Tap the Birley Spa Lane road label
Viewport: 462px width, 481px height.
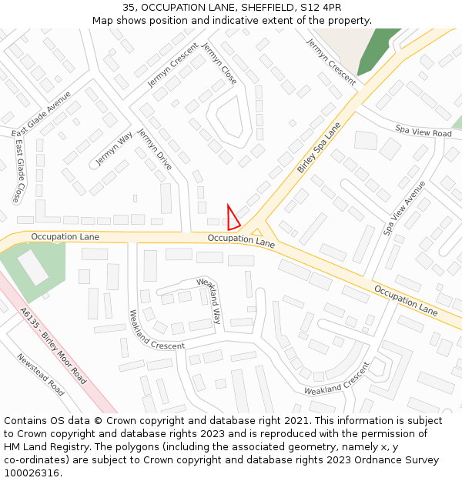coord(319,146)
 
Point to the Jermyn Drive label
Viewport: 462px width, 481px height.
coord(154,149)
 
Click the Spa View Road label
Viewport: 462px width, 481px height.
coord(423,132)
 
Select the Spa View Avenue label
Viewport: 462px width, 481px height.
coord(405,208)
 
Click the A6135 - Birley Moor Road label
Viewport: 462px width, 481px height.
coord(53,346)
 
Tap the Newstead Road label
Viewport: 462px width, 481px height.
coord(41,374)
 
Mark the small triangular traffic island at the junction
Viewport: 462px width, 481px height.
coord(258,232)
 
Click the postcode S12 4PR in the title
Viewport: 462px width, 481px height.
coord(324,7)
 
